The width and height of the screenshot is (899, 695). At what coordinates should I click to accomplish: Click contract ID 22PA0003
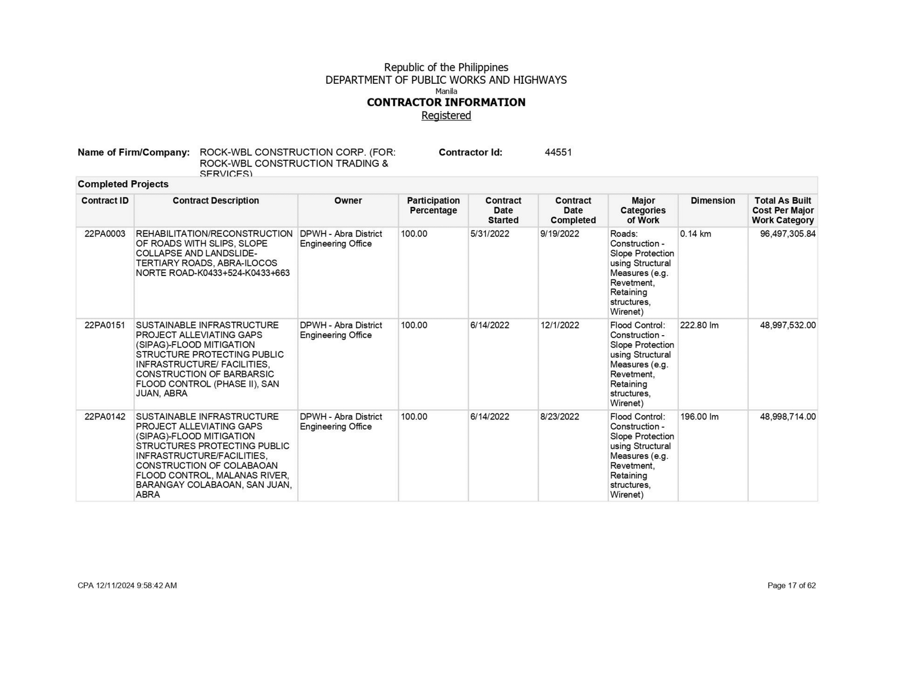coord(105,234)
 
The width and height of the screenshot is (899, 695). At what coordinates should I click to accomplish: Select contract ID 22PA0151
coord(105,326)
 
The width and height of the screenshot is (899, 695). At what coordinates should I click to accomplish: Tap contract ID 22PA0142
coord(105,417)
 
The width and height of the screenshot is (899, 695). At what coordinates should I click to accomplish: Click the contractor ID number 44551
coord(558,152)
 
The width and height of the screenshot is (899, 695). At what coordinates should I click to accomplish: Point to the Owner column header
coord(348,201)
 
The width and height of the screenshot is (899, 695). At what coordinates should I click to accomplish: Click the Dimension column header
coord(712,201)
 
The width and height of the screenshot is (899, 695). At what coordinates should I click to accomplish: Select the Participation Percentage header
coord(433,205)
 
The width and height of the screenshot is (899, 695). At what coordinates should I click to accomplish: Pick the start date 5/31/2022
coord(490,234)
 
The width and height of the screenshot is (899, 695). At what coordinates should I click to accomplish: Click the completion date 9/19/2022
coord(560,234)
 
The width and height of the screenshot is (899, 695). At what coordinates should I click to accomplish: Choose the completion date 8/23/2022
coord(560,417)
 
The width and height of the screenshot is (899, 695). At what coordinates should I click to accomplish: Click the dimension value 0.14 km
coord(696,234)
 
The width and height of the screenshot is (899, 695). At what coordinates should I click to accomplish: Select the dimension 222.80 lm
coord(699,326)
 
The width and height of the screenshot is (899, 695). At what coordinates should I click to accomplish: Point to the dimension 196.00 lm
coord(699,417)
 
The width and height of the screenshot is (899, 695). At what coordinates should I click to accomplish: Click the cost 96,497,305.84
coord(788,234)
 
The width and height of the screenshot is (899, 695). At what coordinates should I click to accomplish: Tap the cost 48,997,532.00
coord(788,326)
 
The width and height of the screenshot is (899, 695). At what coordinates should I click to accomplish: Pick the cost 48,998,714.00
coord(788,417)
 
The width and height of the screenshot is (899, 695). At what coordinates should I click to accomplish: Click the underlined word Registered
coord(446,115)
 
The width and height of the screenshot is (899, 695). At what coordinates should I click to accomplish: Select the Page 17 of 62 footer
coord(791,585)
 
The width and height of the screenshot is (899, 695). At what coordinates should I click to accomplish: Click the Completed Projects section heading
coord(123,184)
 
